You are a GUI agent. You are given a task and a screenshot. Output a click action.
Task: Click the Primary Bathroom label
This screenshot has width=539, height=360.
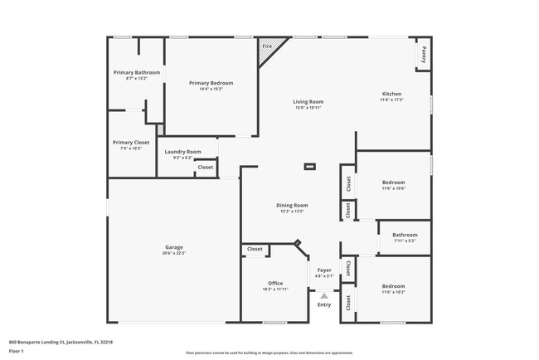[136, 72]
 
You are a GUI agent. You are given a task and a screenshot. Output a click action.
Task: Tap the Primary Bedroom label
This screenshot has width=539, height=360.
[211, 83]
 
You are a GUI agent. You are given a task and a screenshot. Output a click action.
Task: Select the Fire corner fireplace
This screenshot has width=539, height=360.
[267, 47]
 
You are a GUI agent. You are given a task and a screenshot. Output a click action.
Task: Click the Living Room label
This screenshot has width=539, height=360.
[307, 101]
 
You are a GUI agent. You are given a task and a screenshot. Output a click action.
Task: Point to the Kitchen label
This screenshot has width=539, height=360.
[391, 94]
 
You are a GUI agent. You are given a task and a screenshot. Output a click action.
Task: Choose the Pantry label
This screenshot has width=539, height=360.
[424, 55]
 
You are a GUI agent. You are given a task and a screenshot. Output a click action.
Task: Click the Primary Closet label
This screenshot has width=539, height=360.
[131, 142]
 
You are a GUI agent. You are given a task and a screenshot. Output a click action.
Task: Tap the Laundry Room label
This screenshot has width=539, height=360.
[182, 152]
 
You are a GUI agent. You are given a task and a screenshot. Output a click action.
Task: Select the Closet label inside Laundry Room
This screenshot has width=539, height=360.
[205, 168]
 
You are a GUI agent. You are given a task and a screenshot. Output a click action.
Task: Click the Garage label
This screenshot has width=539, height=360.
[173, 247]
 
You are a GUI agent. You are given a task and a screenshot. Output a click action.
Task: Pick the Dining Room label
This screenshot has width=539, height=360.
[292, 205]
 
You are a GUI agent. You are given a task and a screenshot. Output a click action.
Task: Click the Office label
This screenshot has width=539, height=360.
[275, 284]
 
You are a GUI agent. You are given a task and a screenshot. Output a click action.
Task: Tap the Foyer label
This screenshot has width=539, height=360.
[324, 270]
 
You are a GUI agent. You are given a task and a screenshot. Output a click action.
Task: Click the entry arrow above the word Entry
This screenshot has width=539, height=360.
[324, 294]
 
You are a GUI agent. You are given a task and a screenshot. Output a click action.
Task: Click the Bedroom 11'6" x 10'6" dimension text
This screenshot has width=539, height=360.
[393, 188]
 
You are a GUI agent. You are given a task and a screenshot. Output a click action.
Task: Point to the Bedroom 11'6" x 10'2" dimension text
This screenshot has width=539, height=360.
[393, 292]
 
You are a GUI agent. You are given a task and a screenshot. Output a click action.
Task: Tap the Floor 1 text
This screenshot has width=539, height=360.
[17, 351]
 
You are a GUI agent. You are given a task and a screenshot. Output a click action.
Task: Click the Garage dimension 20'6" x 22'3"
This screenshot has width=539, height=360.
[173, 253]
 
